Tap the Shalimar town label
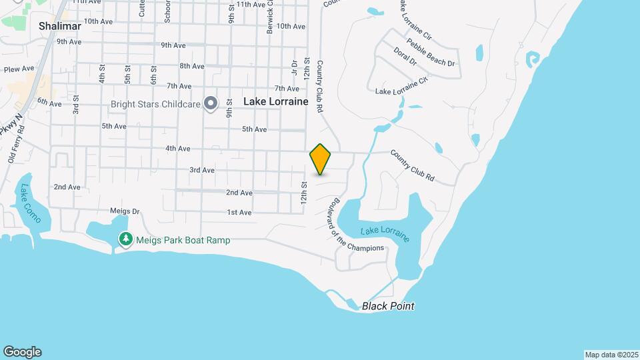[59, 26]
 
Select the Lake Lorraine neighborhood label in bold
[275, 102]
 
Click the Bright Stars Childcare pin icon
[211, 103]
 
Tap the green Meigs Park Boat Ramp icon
[125, 239]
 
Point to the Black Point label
[388, 306]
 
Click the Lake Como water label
[31, 203]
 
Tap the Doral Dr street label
[405, 57]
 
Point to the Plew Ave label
[19, 69]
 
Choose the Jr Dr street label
[293, 67]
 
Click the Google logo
[22, 352]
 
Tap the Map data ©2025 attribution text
[610, 355]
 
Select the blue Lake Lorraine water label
[385, 235]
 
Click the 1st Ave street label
[239, 213]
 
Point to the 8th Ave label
[192, 66]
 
